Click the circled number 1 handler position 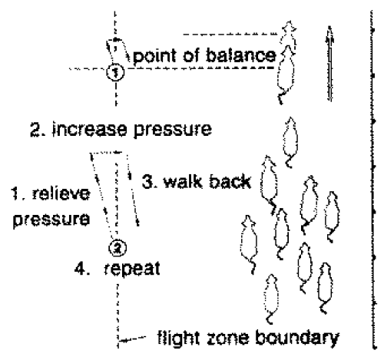pyautogui.click(x=116, y=72)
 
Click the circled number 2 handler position pyautogui.click(x=118, y=248)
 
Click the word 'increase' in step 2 pyautogui.click(x=90, y=129)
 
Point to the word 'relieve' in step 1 pyautogui.click(x=61, y=193)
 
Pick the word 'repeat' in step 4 pyautogui.click(x=132, y=269)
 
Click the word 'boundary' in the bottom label pyautogui.click(x=297, y=339)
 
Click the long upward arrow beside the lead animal pyautogui.click(x=330, y=64)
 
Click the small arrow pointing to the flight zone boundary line pyautogui.click(x=132, y=339)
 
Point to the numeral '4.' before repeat pyautogui.click(x=81, y=269)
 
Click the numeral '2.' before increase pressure pyautogui.click(x=38, y=130)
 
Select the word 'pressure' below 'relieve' pyautogui.click(x=51, y=220)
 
